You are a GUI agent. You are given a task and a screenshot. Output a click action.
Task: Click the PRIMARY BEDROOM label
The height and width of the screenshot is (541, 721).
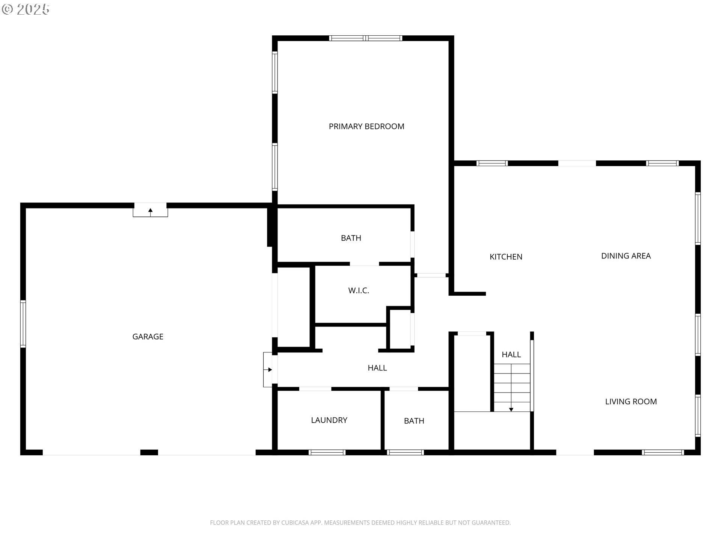coord(367,127)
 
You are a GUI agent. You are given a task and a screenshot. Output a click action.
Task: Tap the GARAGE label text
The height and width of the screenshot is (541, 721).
coord(148,337)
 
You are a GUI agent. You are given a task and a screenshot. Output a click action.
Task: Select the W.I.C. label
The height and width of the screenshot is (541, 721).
coord(359,290)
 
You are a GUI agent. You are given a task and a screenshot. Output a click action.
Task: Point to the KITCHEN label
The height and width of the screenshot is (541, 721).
coord(506,257)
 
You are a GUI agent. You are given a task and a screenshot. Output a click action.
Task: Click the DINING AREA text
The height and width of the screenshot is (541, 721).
coord(626,256)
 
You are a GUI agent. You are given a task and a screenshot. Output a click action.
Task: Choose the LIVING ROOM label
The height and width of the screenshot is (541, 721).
coord(631,402)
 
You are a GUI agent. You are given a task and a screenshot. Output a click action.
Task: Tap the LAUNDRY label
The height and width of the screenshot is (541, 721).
coord(329,420)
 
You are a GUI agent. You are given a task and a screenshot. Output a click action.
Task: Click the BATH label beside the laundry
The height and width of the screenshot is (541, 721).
coord(414,421)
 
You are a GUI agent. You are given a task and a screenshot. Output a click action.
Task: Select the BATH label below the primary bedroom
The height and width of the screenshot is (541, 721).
coord(351,238)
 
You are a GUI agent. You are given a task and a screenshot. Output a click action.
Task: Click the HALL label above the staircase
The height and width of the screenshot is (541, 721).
coord(511,355)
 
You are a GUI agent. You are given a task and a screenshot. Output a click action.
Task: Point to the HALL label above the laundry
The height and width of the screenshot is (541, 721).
coord(377,368)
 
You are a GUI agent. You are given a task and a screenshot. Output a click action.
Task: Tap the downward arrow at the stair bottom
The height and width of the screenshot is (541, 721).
coord(511,409)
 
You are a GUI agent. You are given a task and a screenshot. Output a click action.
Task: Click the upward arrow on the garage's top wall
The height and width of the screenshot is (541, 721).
coord(150,211)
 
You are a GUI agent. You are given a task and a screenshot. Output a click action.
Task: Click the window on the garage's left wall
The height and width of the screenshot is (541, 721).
coord(23,324)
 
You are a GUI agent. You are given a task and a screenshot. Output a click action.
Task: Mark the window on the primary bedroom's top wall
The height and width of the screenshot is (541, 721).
coord(365,38)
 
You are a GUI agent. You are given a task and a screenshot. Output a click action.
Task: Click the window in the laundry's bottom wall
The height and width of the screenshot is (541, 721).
coord(327,452)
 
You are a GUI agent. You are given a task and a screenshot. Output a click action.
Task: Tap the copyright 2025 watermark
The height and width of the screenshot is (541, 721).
coord(26,9)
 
